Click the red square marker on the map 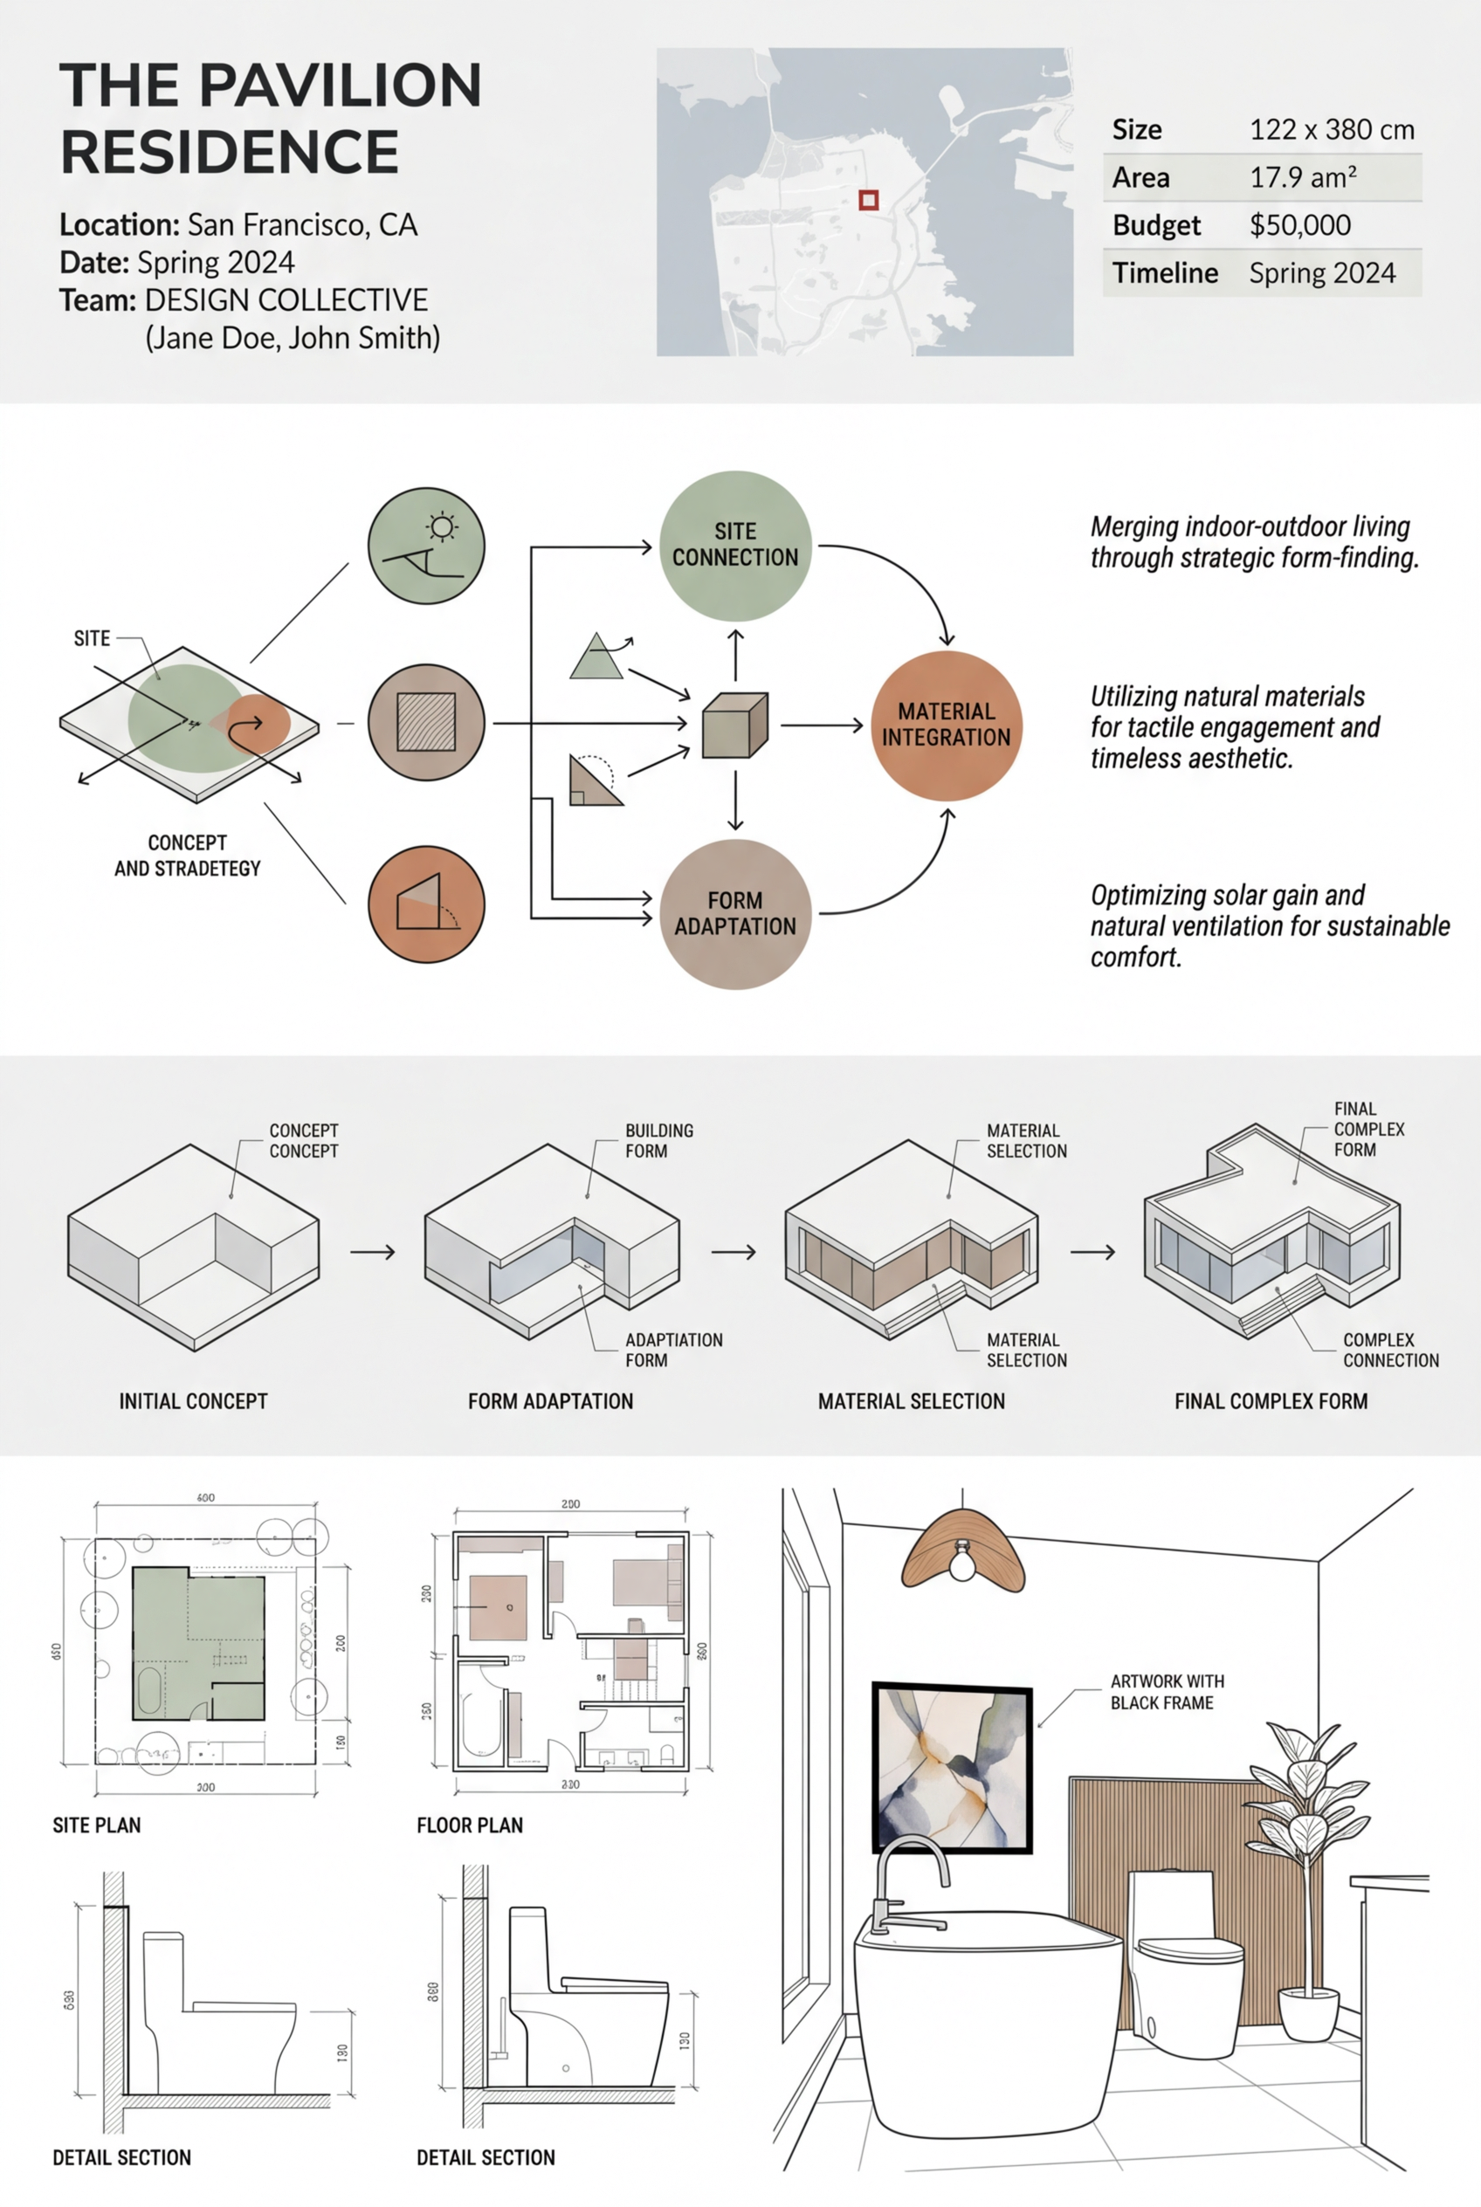[868, 199]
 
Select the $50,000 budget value [1299, 224]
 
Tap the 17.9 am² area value [1303, 177]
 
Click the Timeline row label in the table [1165, 273]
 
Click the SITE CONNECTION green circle [735, 545]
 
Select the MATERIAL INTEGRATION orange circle [946, 725]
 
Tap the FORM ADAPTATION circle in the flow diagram [735, 913]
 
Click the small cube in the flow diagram [735, 725]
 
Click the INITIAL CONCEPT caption [193, 1401]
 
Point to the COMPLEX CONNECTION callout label [1390, 1350]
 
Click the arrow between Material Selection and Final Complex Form [1092, 1252]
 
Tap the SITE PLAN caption [96, 1825]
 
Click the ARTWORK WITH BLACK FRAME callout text [1167, 1691]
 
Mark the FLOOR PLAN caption [470, 1825]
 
